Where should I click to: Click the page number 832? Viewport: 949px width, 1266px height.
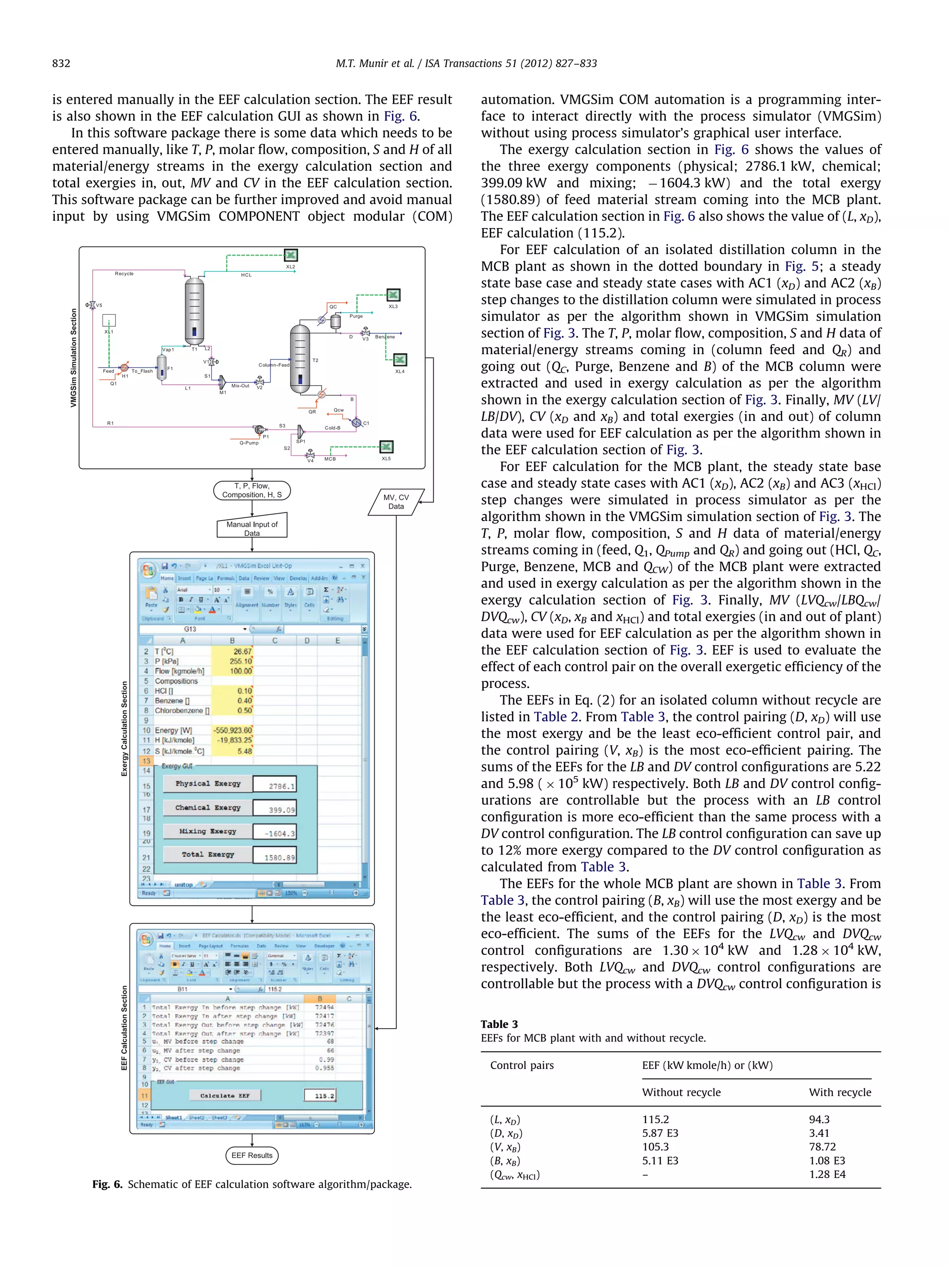tap(61, 64)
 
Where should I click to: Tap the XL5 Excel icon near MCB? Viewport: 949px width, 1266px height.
tap(387, 446)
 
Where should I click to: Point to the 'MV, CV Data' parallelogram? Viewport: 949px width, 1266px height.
tap(396, 502)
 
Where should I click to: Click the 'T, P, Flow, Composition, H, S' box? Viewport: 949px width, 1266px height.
tap(252, 490)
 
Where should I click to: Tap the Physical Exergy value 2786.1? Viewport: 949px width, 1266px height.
tap(275, 786)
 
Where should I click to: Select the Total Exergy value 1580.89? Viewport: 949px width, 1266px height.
tap(275, 857)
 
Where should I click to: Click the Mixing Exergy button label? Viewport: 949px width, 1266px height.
tap(208, 831)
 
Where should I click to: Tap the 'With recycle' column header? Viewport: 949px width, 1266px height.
tap(840, 1092)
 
